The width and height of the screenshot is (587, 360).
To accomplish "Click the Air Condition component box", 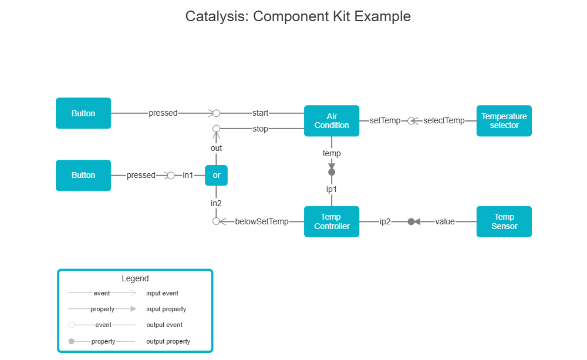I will point(332,121).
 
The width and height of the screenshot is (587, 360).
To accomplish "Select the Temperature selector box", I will point(504,121).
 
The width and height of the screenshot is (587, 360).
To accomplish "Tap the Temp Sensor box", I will point(504,221).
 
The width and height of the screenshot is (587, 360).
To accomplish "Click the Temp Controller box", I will point(332,221).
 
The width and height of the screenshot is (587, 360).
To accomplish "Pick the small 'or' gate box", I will point(216,175).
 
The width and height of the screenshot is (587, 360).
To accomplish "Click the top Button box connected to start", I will point(83,113).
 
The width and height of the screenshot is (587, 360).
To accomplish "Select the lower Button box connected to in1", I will point(83,175).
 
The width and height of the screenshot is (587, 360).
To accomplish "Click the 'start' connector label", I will point(260,113).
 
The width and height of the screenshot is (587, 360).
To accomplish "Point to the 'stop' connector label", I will point(260,129).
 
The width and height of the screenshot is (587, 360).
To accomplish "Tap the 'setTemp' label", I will point(385,121).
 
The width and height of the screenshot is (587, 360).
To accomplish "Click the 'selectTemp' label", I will point(444,121).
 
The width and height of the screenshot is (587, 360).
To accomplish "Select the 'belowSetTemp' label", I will point(262,221).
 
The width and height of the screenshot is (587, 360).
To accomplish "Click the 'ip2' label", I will point(385,221).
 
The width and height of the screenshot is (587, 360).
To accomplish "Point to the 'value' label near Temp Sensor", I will point(445,221).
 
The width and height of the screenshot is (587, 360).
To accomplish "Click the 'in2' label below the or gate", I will point(216,203).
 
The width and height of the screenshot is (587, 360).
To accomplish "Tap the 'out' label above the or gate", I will point(216,149).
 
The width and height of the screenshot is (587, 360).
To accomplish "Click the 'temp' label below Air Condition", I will point(332,153).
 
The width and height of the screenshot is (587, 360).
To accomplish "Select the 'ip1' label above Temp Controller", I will point(332,190).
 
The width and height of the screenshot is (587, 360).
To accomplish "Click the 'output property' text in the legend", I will point(168,341).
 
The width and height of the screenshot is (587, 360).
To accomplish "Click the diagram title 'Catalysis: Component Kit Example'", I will point(298,16).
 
